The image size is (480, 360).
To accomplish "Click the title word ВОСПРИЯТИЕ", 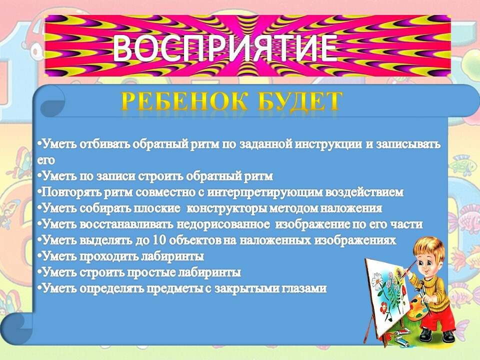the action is click(x=225, y=48).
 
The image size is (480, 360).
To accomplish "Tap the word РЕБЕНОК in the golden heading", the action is click(x=184, y=100).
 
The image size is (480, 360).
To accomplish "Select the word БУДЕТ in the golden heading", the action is click(x=299, y=100).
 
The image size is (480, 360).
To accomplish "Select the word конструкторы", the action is click(x=227, y=208).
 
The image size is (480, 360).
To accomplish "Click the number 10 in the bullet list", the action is click(x=159, y=240).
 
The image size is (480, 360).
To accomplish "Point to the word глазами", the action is click(x=301, y=288).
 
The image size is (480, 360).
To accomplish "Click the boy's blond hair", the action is click(x=428, y=249).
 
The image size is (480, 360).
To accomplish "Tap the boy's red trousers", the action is click(x=438, y=318).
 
